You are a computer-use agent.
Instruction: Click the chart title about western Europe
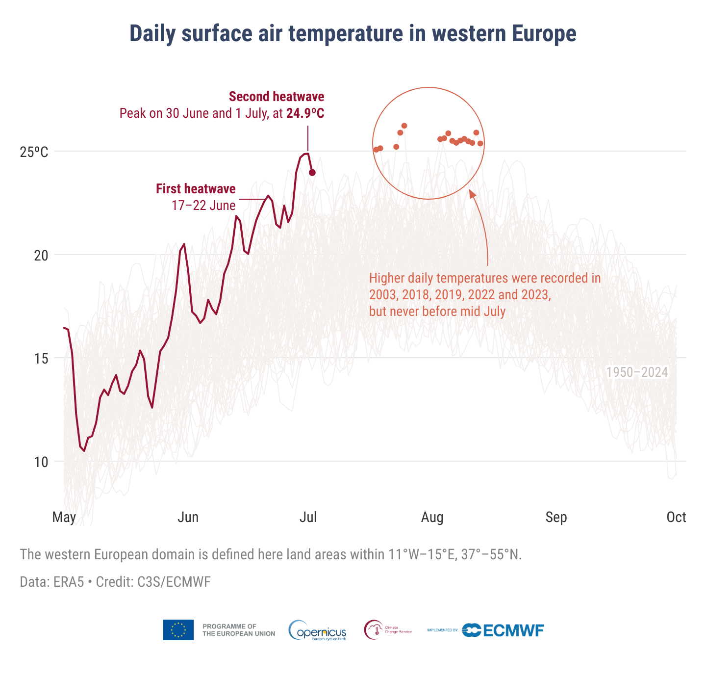click(353, 34)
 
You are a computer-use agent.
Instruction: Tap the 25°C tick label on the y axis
click(34, 152)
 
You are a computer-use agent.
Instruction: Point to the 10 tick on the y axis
click(41, 462)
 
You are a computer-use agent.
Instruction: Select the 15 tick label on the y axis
click(41, 359)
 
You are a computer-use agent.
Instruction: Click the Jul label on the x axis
click(308, 517)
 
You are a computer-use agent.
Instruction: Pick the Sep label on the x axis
click(556, 517)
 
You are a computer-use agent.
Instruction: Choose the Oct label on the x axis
click(676, 517)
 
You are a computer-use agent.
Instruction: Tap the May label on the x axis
click(64, 518)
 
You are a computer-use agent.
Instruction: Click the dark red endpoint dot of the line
click(312, 173)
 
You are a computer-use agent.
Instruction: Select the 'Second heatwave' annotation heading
click(277, 97)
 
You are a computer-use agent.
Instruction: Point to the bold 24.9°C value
click(305, 113)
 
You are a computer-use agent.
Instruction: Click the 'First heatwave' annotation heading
click(196, 189)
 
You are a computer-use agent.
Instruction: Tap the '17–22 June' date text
click(203, 206)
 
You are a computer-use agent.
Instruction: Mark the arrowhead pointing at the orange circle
click(472, 194)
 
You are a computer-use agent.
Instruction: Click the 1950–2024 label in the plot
click(637, 372)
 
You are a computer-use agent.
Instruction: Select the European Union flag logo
click(178, 630)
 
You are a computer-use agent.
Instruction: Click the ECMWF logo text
click(513, 630)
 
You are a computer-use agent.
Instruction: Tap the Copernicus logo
click(318, 630)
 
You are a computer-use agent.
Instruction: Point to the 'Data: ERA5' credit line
click(115, 582)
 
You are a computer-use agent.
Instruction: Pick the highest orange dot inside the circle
click(404, 126)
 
